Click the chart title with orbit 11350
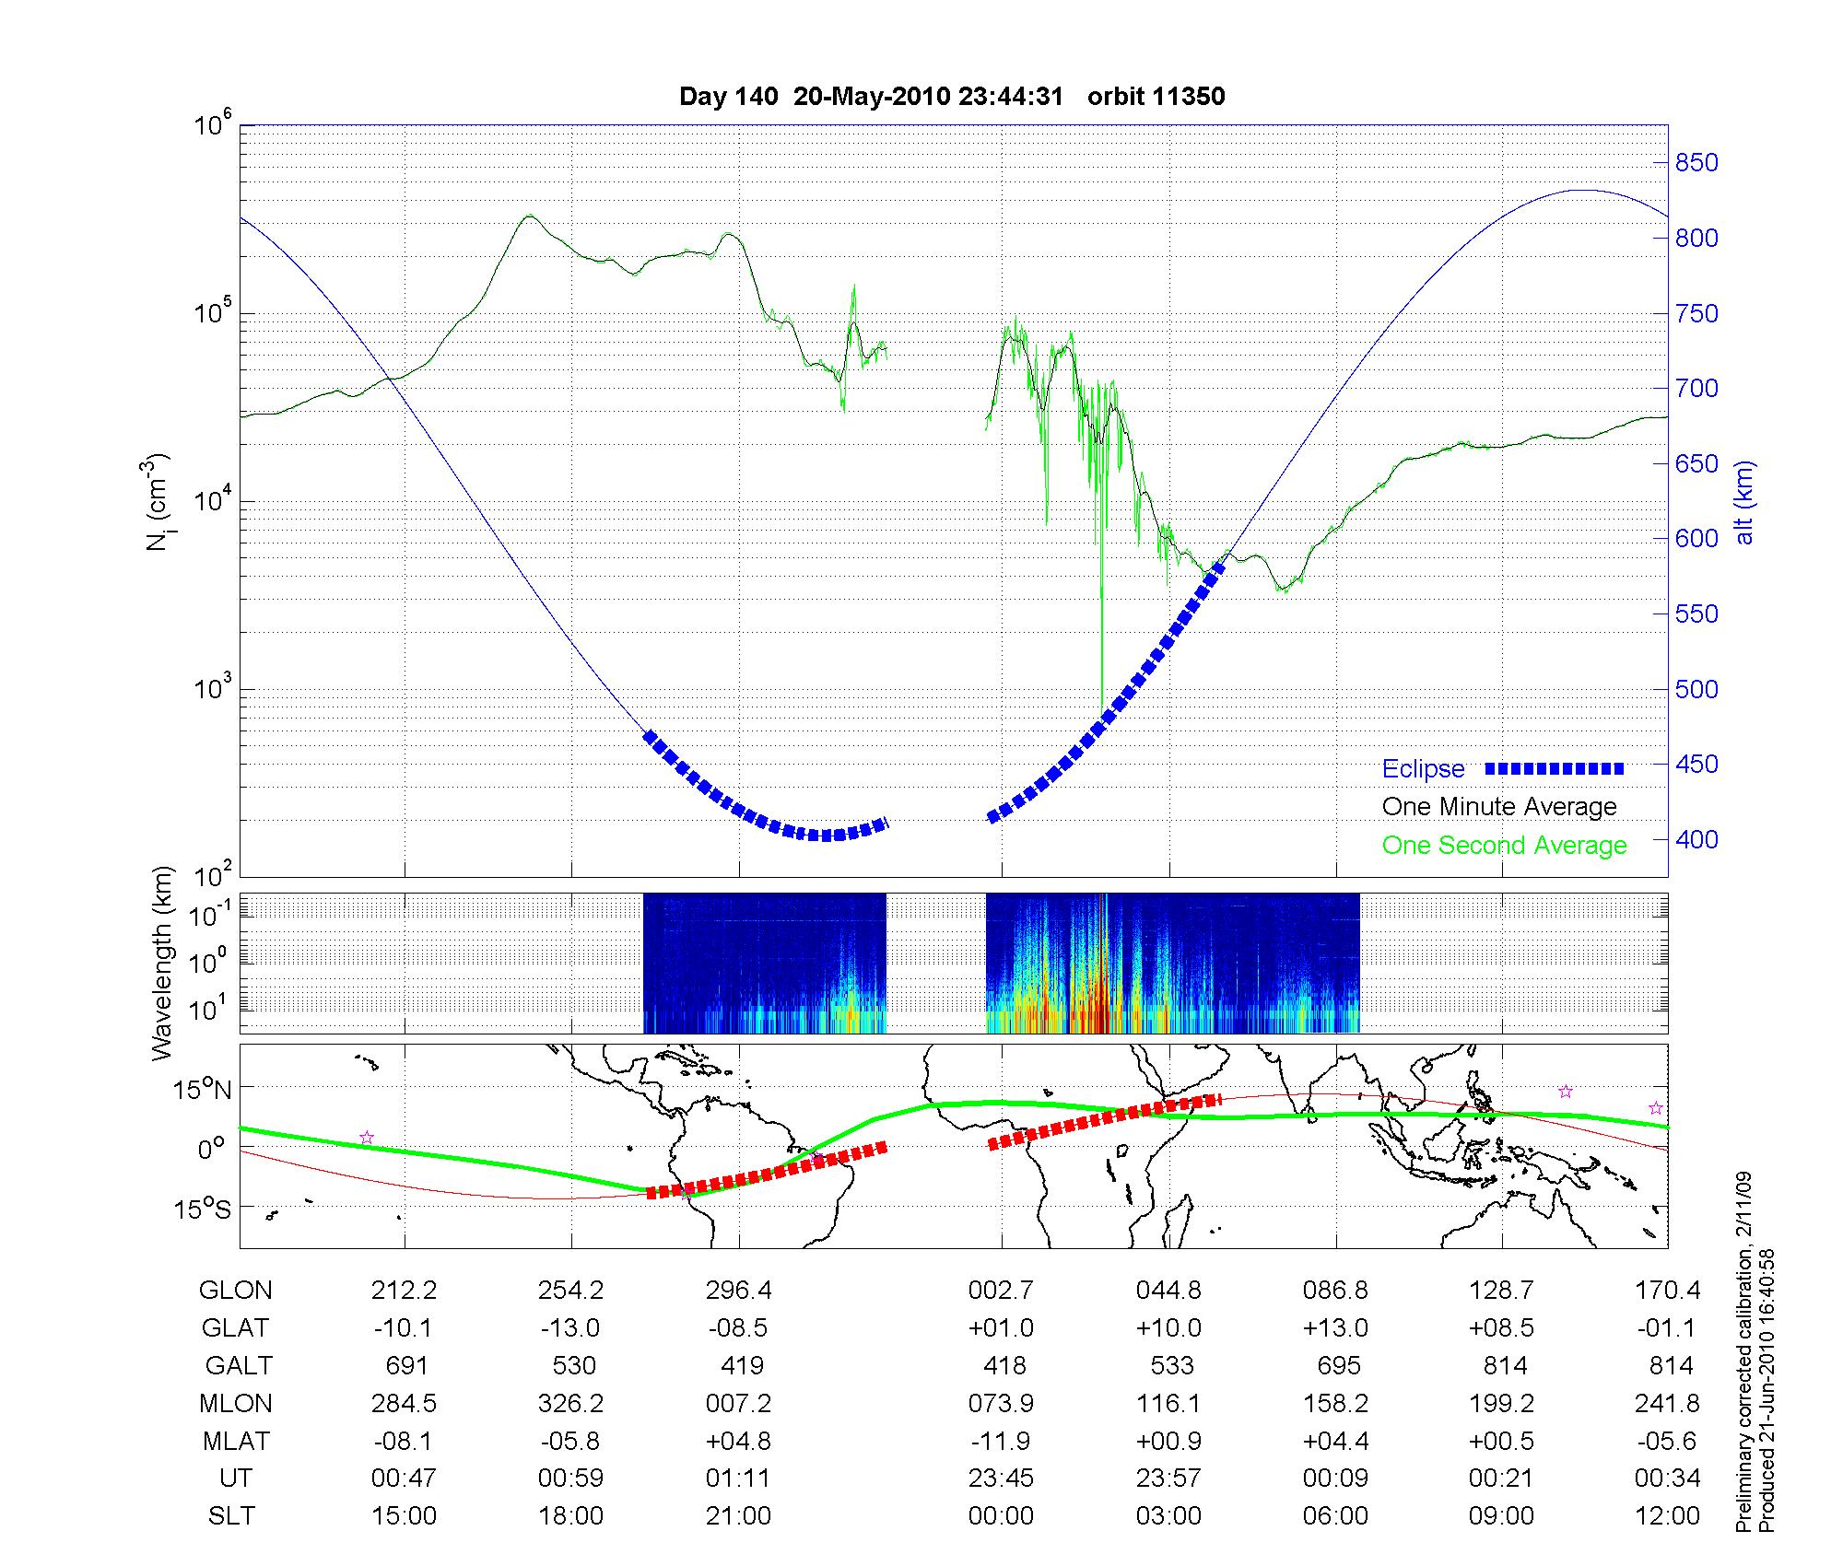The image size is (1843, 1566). click(x=952, y=97)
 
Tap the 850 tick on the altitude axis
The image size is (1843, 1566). click(x=1696, y=163)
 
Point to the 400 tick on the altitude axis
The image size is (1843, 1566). click(x=1696, y=839)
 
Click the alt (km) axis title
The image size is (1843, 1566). click(x=1745, y=502)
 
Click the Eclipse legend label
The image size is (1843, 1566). click(x=1423, y=768)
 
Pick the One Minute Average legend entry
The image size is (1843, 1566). click(x=1499, y=807)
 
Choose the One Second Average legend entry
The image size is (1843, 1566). click(x=1504, y=846)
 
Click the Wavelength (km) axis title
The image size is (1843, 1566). click(x=162, y=964)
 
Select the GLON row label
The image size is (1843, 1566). click(x=235, y=1291)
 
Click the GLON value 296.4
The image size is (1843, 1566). click(x=738, y=1291)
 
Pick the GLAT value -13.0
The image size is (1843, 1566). click(x=570, y=1328)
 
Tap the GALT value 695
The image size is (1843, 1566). click(x=1339, y=1365)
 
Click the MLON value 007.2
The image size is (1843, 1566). click(x=738, y=1403)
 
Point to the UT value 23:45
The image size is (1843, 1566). click(x=1001, y=1478)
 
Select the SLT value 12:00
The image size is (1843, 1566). click(x=1667, y=1515)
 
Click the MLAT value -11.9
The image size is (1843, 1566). click(x=1001, y=1441)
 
